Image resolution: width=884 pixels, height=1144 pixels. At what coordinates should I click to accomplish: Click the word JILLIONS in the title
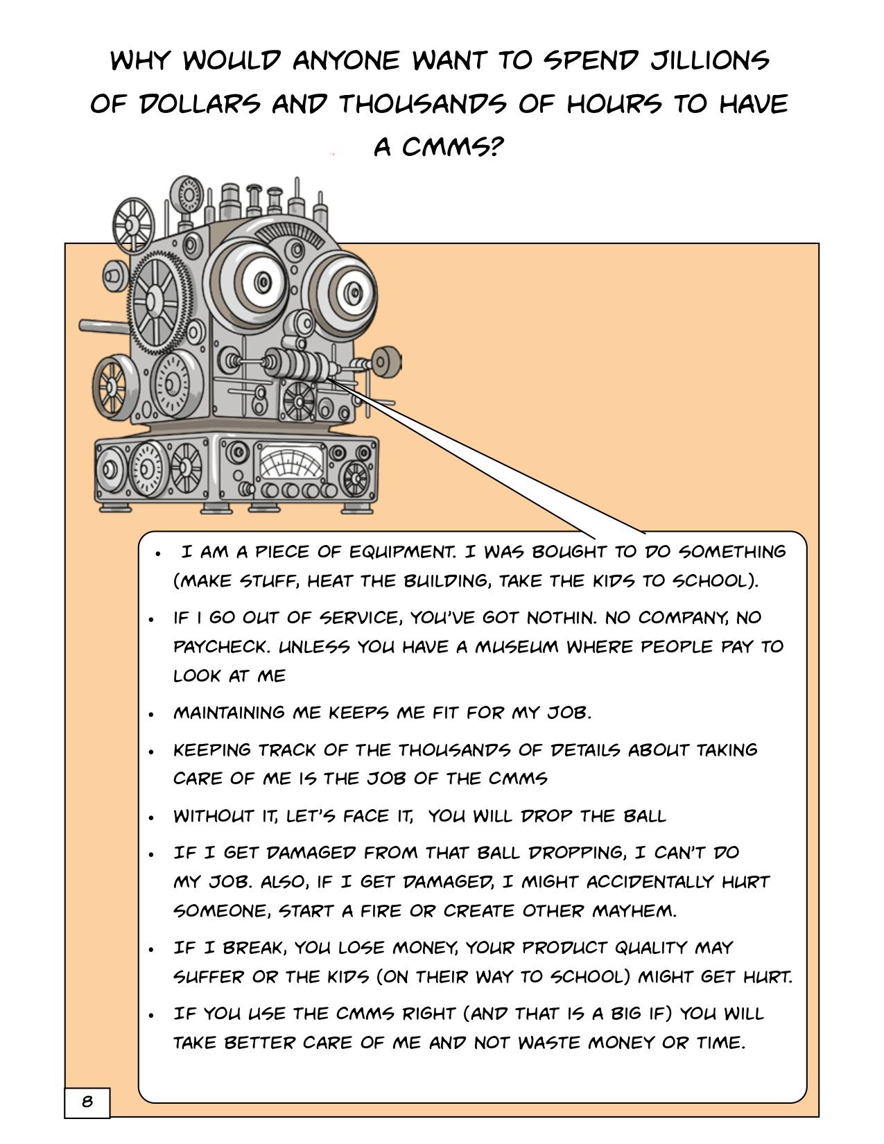pos(710,60)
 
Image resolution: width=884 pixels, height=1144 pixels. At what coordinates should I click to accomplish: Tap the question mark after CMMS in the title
pos(494,146)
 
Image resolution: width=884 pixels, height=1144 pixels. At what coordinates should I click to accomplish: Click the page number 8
pos(87,1101)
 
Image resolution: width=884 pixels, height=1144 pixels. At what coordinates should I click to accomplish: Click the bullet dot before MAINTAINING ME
pos(151,714)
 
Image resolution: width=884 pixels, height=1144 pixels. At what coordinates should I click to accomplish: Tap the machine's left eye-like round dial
pos(252,284)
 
